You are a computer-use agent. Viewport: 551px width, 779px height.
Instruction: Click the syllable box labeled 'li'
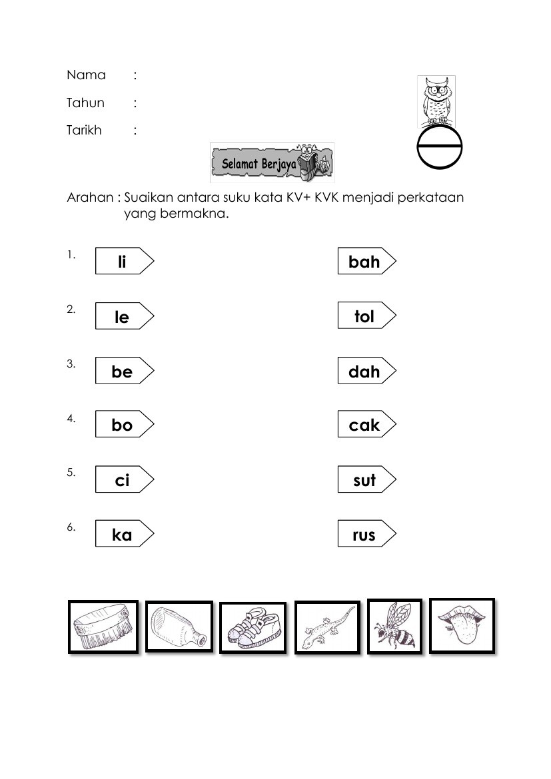point(123,261)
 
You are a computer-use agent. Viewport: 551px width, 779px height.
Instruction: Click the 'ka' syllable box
point(123,534)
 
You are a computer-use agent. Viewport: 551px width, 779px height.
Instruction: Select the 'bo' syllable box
point(123,425)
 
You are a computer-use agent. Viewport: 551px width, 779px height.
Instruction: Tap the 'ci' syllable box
point(123,479)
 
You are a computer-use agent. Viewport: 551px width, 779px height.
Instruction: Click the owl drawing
point(436,101)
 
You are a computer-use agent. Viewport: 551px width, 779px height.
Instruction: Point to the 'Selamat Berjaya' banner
point(272,162)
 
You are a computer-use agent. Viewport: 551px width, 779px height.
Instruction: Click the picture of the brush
point(103,627)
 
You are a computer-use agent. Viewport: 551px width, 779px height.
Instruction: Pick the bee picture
point(394,627)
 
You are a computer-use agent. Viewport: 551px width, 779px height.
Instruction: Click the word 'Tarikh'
point(84,130)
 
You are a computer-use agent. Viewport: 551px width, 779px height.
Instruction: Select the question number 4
point(71,419)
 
